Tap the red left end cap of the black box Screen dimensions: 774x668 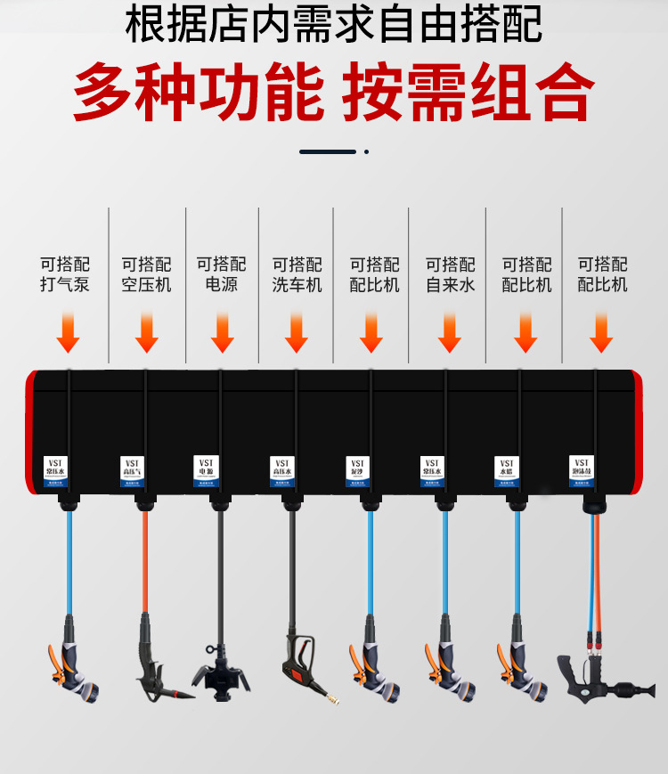(x=30, y=431)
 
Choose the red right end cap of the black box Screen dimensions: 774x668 (x=638, y=431)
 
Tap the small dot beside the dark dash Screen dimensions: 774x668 (x=366, y=152)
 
